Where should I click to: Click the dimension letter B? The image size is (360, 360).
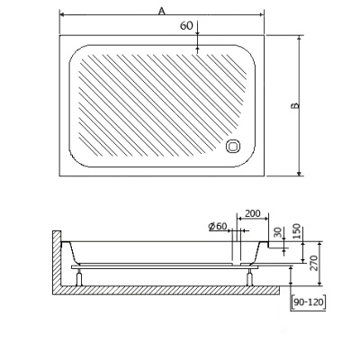(294, 106)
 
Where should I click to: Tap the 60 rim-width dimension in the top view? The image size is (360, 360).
(186, 26)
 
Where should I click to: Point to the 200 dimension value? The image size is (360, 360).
(252, 214)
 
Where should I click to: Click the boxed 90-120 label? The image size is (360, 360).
(309, 302)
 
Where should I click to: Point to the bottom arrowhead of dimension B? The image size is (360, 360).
(301, 174)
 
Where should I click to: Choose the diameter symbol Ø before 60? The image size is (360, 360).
(209, 226)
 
